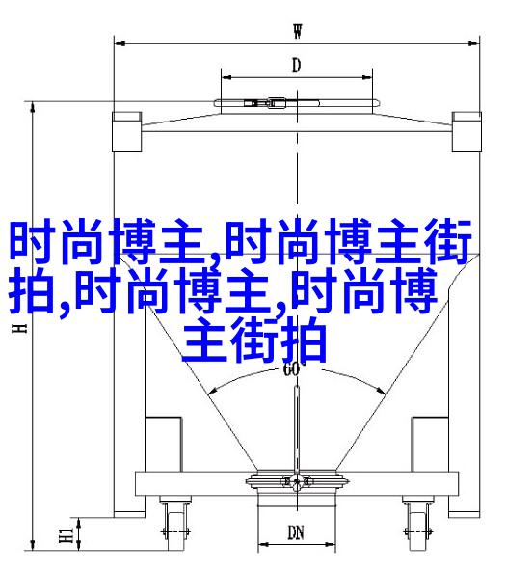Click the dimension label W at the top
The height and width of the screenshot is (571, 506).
298,31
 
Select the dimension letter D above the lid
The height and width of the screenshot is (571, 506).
297,66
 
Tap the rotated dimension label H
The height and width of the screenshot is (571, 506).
19,328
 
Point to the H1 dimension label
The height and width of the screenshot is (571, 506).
67,534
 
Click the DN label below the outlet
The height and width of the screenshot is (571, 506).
296,532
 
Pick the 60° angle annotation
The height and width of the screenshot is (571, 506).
291,368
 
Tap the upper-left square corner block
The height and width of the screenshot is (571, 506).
126,132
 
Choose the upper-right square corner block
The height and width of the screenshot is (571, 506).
466,132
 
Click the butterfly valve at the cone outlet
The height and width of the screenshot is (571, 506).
297,482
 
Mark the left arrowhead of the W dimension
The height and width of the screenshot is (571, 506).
120,43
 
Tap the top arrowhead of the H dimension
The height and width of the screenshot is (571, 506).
33,107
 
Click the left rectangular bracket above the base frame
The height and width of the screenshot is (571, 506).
163,445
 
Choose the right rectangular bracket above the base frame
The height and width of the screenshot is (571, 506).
430,445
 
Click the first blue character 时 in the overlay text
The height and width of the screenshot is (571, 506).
32,241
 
